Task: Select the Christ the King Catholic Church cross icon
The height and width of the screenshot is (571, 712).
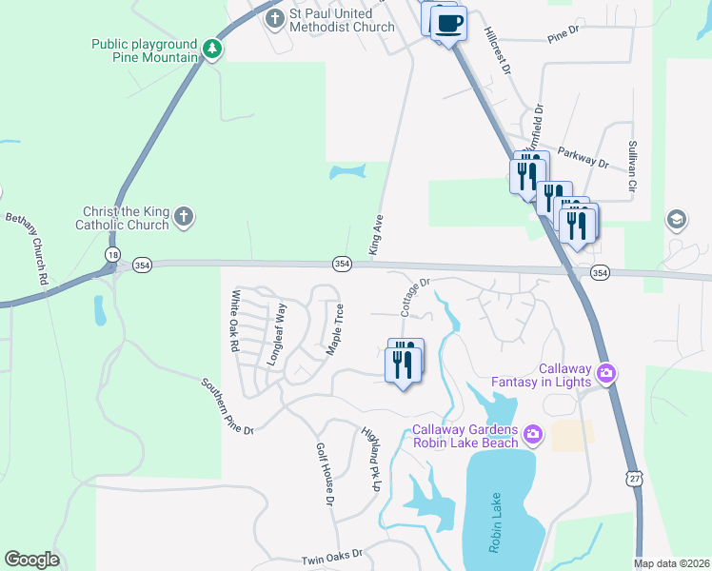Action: pos(185,218)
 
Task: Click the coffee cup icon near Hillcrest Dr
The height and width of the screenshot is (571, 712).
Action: pos(448,23)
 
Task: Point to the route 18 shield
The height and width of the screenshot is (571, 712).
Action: pos(113,254)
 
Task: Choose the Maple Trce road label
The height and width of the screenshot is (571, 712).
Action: pos(335,329)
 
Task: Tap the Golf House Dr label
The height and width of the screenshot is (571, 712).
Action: pos(326,473)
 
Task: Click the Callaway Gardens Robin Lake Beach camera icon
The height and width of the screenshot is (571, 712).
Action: pos(532,434)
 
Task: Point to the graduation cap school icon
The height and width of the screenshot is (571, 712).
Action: pos(677,220)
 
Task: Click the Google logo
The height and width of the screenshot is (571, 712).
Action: pos(31,560)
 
